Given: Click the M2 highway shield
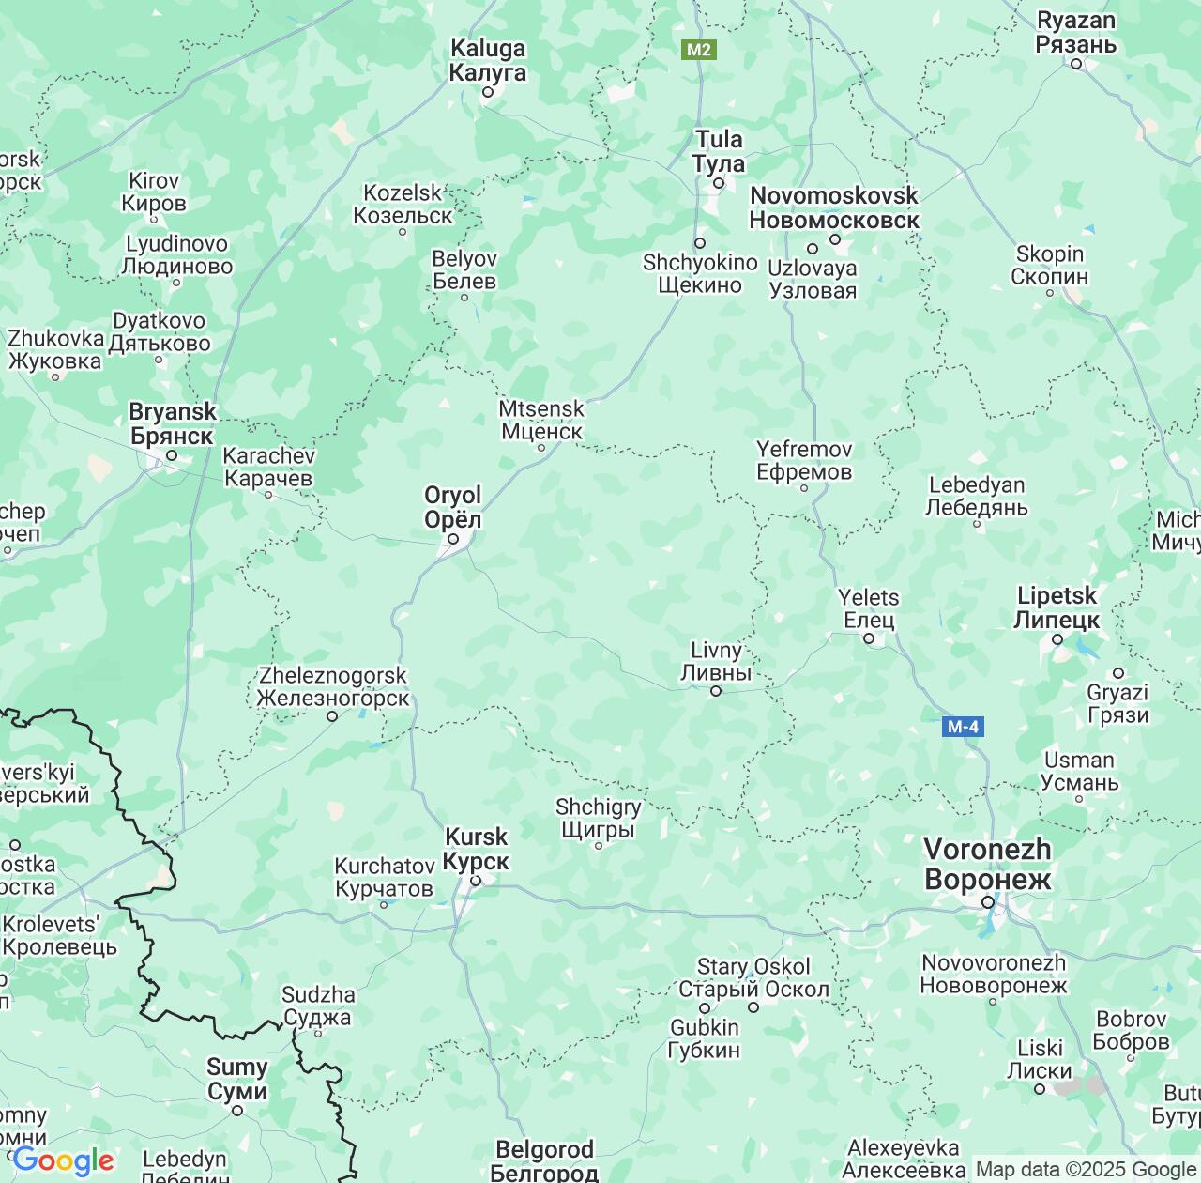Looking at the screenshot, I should click(x=698, y=50).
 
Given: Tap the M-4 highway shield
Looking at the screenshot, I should click(x=963, y=726).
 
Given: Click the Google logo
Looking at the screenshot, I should click(x=63, y=1161).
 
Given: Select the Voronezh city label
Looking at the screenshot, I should click(x=987, y=864).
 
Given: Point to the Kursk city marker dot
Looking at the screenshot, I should click(x=476, y=881).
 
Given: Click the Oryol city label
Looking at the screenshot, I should click(x=452, y=507).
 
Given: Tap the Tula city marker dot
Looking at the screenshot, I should click(x=719, y=183).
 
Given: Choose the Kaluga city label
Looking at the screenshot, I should click(x=487, y=60).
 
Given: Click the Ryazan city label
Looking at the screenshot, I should click(x=1075, y=33).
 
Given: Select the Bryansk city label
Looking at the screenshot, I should click(x=172, y=423).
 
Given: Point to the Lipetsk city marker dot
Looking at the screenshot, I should click(x=1057, y=639).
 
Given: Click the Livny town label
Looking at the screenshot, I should click(x=715, y=661).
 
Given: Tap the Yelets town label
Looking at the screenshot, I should click(x=869, y=608).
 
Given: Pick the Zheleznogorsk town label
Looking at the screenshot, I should click(x=332, y=687).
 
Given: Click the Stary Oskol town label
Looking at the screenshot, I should click(x=753, y=977).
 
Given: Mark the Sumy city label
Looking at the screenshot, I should click(x=236, y=1079).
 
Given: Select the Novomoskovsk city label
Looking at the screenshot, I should click(x=833, y=207).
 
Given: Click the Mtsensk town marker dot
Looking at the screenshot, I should click(x=540, y=447).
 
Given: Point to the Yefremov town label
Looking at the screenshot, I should click(x=804, y=460).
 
